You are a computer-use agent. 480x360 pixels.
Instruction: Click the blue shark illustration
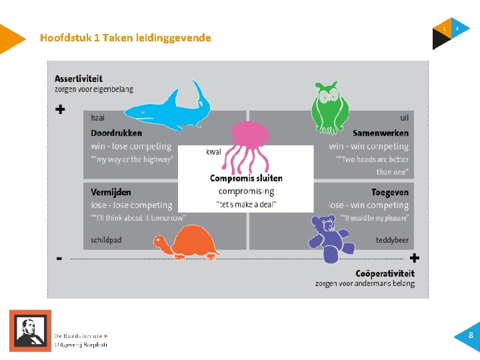pos(170,108)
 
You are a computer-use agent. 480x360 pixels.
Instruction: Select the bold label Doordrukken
pos(117,133)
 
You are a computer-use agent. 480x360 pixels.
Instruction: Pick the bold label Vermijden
pos(111,192)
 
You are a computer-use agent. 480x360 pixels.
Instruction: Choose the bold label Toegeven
pos(390,192)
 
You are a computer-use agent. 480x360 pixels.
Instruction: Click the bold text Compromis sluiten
pos(246,178)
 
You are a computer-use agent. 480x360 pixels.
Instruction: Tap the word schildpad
pos(107,240)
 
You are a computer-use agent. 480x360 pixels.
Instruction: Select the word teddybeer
pos(392,240)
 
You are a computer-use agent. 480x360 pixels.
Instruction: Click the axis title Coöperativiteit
pos(385,273)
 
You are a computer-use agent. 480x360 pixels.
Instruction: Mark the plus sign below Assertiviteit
pos(61,109)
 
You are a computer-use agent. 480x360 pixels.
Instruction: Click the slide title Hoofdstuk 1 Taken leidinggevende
pos(125,38)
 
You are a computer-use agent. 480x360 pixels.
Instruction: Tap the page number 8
pos(471,336)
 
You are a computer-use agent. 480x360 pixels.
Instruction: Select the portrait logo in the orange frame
pos(30,331)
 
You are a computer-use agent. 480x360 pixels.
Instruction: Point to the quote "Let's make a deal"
pos(246,204)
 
